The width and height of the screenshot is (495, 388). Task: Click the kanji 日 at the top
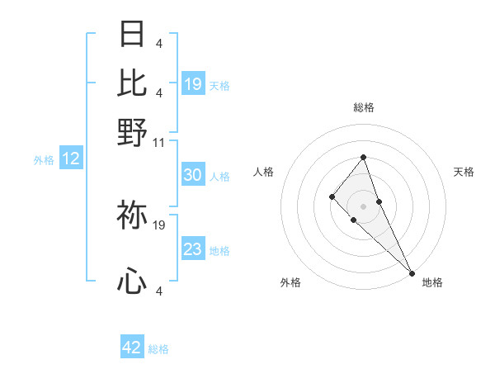tap(132, 34)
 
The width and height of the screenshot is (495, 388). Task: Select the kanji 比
tap(132, 82)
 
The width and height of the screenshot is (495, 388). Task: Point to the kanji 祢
tap(132, 216)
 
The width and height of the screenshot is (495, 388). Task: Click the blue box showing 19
tap(193, 83)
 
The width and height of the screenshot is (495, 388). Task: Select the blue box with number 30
tap(193, 175)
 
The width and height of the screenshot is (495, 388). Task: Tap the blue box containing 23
tap(193, 249)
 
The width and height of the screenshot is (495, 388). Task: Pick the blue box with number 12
tap(71, 159)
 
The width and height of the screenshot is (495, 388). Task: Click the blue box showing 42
tap(132, 348)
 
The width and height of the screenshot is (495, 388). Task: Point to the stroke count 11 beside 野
tap(158, 142)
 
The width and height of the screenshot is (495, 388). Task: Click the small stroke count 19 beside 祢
tap(159, 225)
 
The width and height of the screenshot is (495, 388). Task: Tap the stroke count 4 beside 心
tap(158, 291)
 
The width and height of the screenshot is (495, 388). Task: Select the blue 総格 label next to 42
tap(158, 349)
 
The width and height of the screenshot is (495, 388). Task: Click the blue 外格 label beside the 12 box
tap(44, 160)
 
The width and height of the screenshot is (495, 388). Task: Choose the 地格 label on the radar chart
tap(432, 282)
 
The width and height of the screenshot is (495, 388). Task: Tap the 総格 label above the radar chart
tap(363, 107)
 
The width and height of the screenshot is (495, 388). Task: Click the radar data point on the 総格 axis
tap(363, 157)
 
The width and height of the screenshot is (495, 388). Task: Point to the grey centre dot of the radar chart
tap(363, 206)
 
